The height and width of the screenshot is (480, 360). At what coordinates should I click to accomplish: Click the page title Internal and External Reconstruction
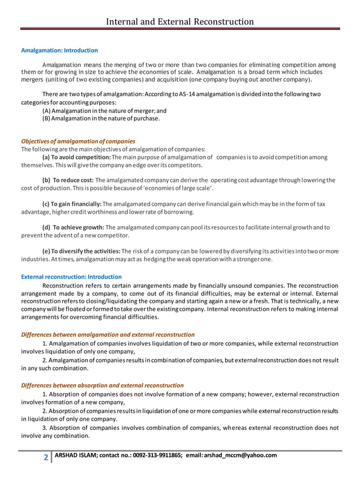181,22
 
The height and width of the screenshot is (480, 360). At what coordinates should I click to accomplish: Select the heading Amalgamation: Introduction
59,51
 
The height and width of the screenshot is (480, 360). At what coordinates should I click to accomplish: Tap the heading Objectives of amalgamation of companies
78,141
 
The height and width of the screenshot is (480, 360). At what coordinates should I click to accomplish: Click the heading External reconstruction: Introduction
71,277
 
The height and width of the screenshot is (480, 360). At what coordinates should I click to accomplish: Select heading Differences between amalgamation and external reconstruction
108,334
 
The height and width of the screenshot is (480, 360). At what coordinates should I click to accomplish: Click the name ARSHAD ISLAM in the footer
76,456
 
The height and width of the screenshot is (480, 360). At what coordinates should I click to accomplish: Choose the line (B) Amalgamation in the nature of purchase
101,119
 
